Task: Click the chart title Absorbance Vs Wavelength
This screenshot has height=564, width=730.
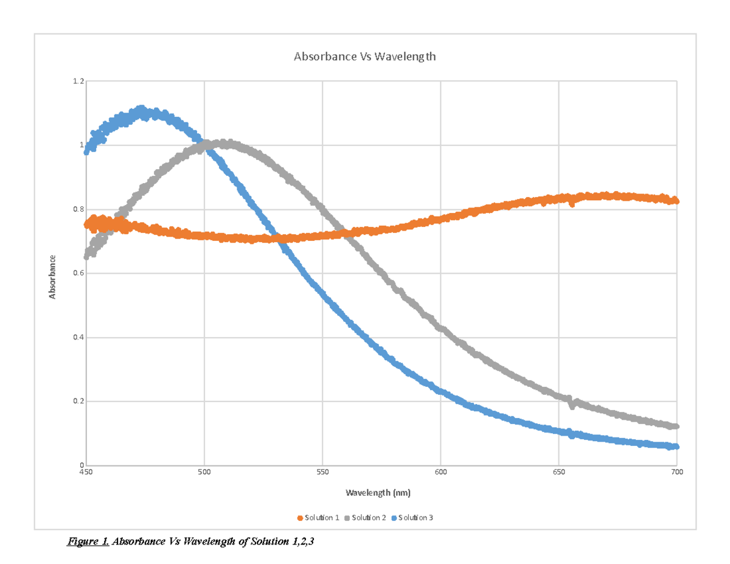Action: [365, 57]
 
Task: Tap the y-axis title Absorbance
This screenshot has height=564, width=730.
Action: [53, 277]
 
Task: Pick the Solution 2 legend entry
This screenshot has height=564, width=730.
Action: [365, 518]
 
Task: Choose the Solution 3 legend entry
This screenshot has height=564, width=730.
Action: [412, 518]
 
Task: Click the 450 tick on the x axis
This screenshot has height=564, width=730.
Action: [86, 472]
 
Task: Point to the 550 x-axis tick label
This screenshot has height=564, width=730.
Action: [322, 472]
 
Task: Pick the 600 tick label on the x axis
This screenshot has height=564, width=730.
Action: [440, 472]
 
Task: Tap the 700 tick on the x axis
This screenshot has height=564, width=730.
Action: [676, 472]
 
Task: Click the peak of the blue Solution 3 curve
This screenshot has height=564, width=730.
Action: [141, 110]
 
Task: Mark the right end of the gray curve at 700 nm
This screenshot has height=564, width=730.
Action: [675, 426]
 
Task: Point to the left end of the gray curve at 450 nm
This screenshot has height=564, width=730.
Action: [87, 257]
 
